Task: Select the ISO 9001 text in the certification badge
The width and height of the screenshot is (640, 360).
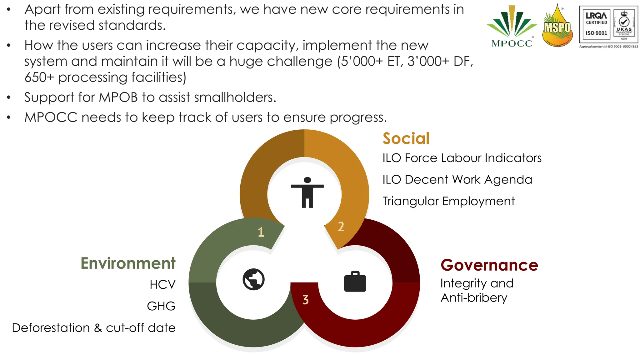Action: [x=596, y=33]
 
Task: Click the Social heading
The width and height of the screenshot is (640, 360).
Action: [x=406, y=138]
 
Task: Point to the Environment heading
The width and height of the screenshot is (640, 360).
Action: [x=128, y=263]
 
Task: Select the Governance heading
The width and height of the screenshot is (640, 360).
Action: [x=489, y=265]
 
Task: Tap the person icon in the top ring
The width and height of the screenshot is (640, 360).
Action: [x=307, y=192]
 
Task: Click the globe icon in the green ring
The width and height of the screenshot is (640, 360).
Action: [x=253, y=279]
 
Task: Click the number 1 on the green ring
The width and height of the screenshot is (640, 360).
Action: [x=261, y=232]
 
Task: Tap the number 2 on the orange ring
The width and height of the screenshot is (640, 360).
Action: [x=341, y=227]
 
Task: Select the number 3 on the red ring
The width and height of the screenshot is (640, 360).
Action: [x=306, y=300]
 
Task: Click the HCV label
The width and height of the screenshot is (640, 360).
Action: [x=162, y=285]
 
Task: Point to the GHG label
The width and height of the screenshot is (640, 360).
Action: [x=161, y=306]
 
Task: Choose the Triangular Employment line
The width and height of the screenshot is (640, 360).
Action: [x=448, y=201]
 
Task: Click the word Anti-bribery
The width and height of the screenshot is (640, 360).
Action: [x=474, y=298]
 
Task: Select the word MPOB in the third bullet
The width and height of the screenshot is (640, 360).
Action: [x=118, y=97]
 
